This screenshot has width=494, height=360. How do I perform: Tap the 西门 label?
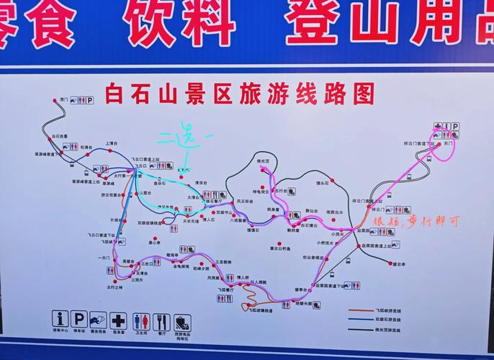tap(64, 99)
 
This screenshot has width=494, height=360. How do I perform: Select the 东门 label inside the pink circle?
tap(449, 144)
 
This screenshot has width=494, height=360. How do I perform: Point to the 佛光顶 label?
tap(263, 160)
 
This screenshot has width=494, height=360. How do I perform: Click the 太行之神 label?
tap(116, 288)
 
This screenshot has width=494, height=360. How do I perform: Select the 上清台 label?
tap(112, 143)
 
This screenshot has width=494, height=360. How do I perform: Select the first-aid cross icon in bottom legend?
tap(120, 319)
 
